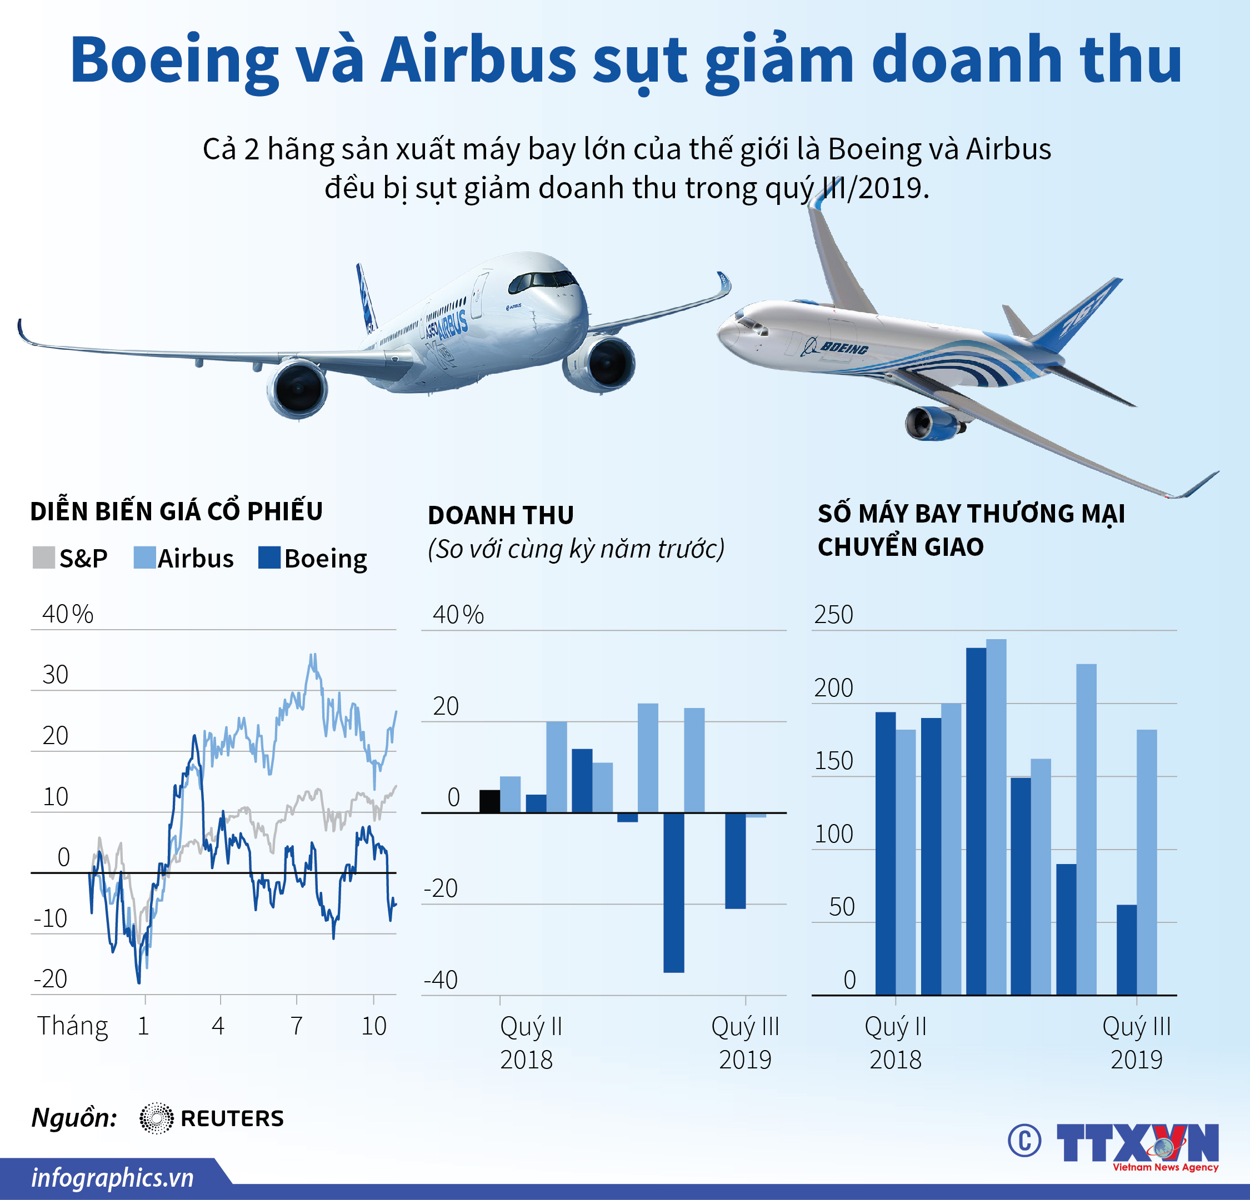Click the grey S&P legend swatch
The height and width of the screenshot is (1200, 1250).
[43, 558]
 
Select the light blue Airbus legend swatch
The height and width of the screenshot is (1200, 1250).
[145, 558]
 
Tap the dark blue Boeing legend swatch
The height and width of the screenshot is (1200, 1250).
[269, 558]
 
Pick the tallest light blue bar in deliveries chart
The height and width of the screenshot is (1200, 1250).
[996, 816]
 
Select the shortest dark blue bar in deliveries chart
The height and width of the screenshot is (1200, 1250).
[1126, 950]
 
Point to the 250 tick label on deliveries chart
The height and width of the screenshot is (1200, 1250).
[833, 615]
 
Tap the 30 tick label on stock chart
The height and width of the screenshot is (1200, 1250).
[56, 675]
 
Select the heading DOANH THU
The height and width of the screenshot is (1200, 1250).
[501, 515]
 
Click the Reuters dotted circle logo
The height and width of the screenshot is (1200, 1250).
[156, 1118]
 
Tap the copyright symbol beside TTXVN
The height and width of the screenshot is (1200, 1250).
[1024, 1141]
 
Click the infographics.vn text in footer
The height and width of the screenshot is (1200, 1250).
[112, 1177]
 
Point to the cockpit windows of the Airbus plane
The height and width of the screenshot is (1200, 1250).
[542, 279]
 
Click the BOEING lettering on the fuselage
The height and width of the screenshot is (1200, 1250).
[844, 348]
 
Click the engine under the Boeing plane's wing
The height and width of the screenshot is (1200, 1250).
[932, 423]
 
